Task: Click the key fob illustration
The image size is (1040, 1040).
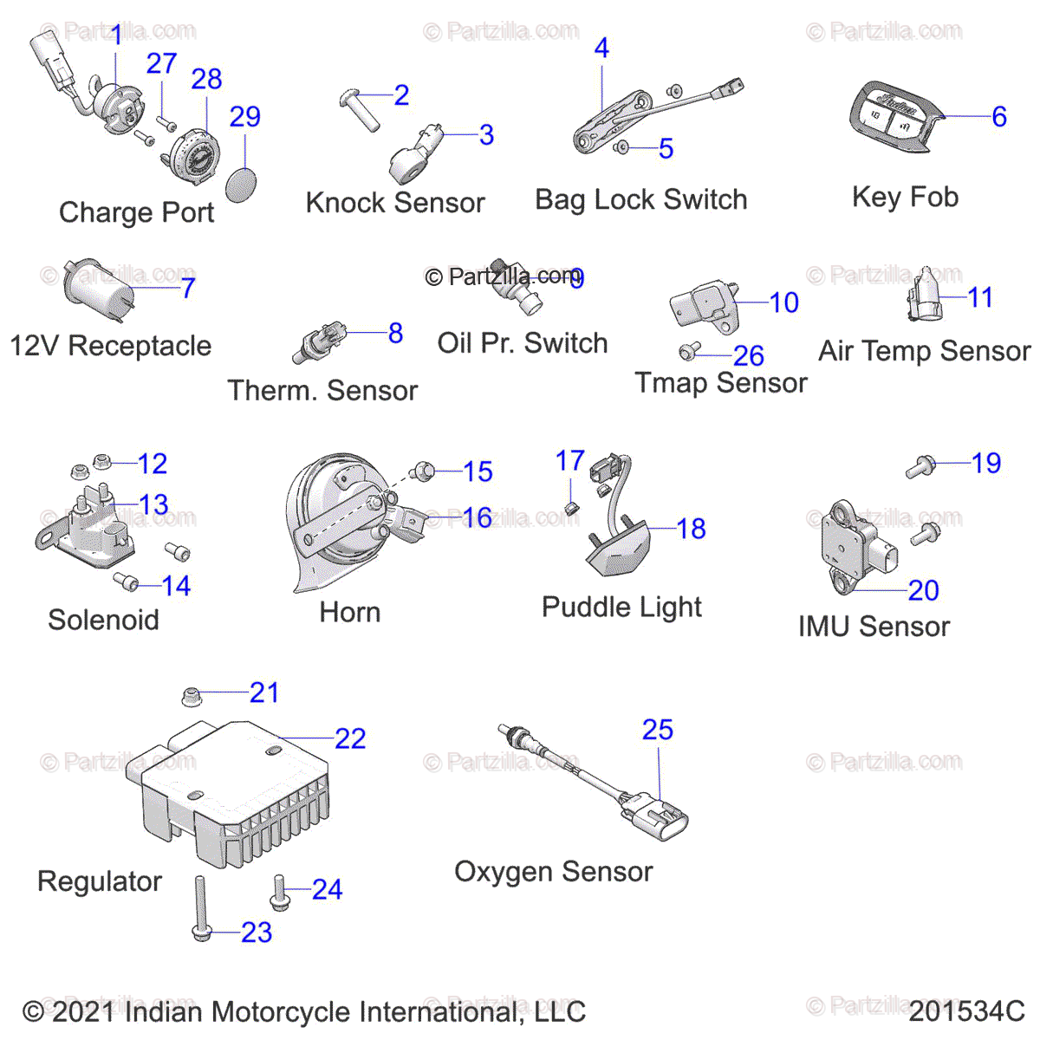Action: (x=893, y=119)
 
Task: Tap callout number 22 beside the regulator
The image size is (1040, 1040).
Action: (x=350, y=739)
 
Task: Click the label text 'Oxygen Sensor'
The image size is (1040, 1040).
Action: (x=553, y=872)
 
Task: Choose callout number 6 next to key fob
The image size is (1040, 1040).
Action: (x=999, y=117)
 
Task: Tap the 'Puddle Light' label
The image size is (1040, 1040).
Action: (x=621, y=607)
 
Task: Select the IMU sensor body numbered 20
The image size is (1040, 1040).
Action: (x=845, y=546)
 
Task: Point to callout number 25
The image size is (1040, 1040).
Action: (x=658, y=730)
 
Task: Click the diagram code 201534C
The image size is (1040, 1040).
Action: (x=966, y=1011)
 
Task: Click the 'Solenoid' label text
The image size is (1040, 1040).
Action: (x=103, y=621)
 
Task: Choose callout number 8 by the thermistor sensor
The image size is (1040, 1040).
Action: (x=395, y=333)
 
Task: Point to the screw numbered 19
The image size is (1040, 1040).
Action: (x=920, y=468)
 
